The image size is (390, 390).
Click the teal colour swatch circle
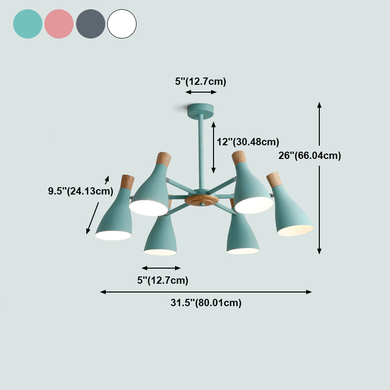28,24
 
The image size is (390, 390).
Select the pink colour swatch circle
59,24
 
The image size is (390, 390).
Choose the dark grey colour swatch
91,24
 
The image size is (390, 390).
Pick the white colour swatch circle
122,24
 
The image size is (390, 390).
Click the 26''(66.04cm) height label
309,156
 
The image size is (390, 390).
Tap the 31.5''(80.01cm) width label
206,303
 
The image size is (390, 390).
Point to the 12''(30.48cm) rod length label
248,142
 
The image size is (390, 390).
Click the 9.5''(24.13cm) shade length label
80,191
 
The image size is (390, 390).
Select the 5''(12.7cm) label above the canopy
200,81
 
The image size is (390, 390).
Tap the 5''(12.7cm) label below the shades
162,280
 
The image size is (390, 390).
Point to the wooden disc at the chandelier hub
200,200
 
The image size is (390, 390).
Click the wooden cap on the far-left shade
127,182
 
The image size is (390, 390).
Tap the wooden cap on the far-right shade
273,179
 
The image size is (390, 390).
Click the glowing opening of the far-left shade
113,235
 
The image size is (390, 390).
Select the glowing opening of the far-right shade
295,231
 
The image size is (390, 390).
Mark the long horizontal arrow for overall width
206,292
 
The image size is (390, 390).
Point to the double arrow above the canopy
200,92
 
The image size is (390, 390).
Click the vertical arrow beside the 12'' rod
214,147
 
